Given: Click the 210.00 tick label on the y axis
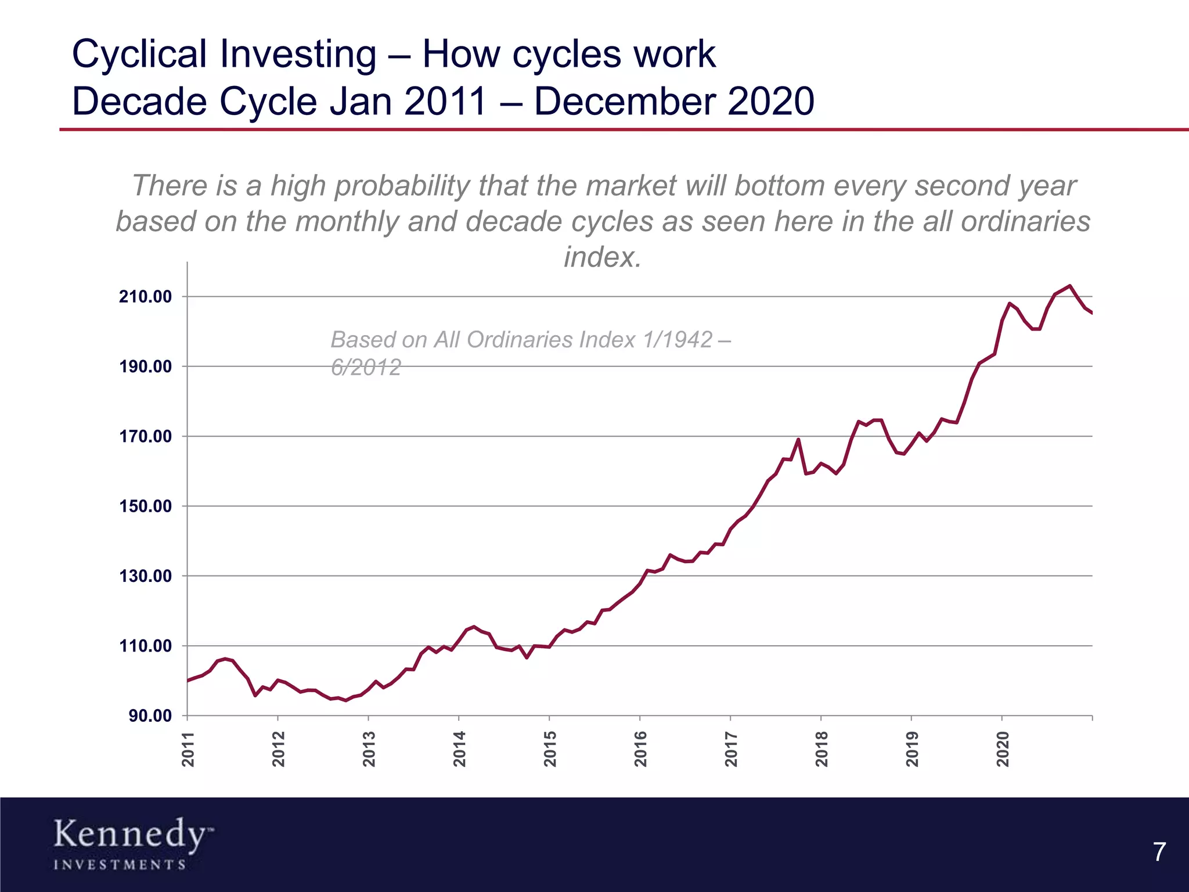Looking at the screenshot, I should point(145,297).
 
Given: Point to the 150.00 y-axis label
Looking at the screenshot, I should point(145,506).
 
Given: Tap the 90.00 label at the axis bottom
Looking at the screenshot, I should point(150,716).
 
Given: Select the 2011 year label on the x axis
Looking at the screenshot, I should point(188,749).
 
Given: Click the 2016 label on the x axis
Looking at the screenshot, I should point(640,749).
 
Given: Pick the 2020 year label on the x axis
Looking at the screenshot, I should point(1003,749).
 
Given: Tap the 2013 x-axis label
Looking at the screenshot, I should point(369,749).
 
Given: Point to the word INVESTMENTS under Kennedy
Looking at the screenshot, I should point(120,865).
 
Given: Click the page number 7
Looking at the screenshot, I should point(1159,853).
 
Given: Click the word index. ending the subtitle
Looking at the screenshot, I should point(603,257).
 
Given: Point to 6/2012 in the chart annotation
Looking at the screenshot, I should point(366,368).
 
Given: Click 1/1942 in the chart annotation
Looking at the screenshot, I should point(677,340).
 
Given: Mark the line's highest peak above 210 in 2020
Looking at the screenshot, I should point(1070,286).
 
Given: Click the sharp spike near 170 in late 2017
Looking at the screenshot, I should point(798,440).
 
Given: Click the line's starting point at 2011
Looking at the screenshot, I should point(188,681).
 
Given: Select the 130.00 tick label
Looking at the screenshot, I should point(145,576).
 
